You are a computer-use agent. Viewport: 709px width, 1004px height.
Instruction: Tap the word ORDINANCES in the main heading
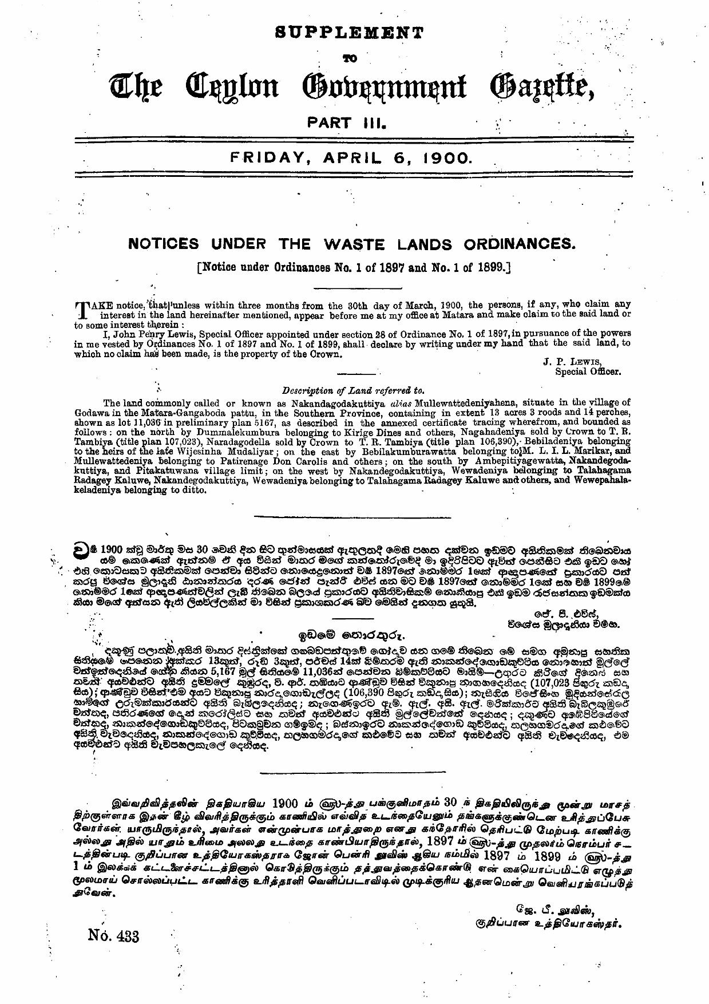coord(519,244)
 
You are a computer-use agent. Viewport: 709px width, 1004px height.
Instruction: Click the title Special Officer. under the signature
coord(588,371)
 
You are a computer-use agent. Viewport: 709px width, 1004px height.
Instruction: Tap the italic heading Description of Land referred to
coord(353,391)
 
